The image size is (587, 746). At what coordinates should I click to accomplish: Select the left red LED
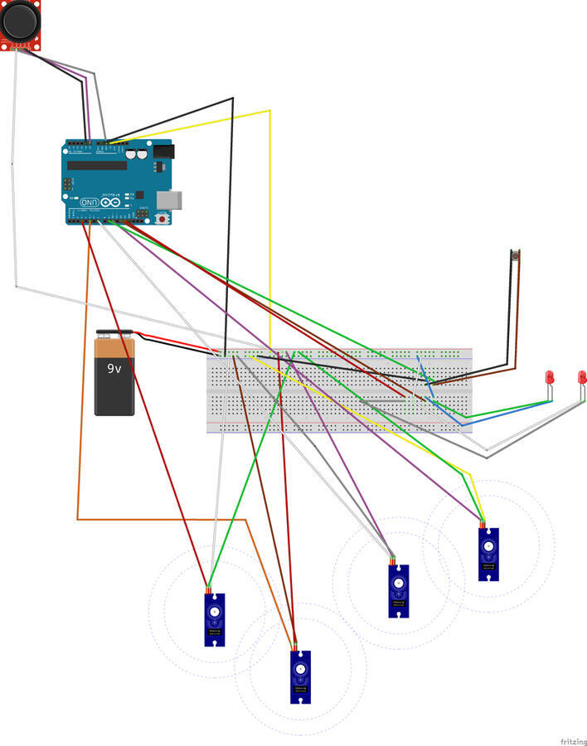tap(549, 377)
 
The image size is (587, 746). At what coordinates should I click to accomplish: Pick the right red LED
tap(582, 377)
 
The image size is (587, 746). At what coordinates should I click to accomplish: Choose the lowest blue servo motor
tap(300, 676)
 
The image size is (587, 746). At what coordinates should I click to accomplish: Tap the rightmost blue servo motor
tap(489, 553)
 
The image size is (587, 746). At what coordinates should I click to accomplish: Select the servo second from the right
tap(399, 590)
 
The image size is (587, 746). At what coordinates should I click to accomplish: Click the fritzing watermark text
tap(570, 739)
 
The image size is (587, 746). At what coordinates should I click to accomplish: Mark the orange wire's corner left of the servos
tap(78, 519)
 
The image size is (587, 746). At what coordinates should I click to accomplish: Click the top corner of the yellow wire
tap(269, 110)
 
